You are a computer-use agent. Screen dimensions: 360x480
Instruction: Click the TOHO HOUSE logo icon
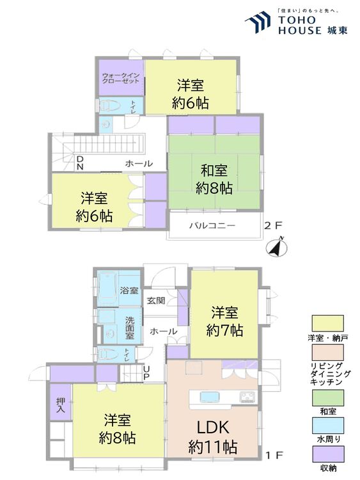point(258,21)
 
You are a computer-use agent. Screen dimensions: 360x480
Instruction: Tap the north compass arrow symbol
point(276,247)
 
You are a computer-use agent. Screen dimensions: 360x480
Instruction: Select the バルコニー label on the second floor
point(212,226)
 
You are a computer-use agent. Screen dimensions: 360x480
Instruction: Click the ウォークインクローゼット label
point(120,78)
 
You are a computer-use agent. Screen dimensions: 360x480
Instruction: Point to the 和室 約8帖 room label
point(214,179)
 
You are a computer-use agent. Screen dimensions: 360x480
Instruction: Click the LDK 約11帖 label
point(213,437)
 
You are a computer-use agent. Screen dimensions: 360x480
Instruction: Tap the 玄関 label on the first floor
point(156,301)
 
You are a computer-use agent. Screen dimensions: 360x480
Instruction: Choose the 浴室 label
point(129,290)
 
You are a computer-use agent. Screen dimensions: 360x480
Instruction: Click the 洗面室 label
point(130,328)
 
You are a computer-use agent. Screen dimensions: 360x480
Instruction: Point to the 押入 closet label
point(61,404)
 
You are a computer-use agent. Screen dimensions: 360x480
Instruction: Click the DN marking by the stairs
point(80,163)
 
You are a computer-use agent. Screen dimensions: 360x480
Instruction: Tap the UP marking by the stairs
point(146,373)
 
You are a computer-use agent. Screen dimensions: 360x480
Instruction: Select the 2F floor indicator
point(273,226)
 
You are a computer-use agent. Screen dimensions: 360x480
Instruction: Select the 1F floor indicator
point(274,455)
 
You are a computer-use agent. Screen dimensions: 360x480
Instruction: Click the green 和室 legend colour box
point(327,397)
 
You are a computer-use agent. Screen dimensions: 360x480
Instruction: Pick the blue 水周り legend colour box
point(327,426)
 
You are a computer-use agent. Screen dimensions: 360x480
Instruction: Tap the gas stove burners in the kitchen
point(247,397)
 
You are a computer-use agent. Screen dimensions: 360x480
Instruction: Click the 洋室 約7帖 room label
point(224,321)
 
